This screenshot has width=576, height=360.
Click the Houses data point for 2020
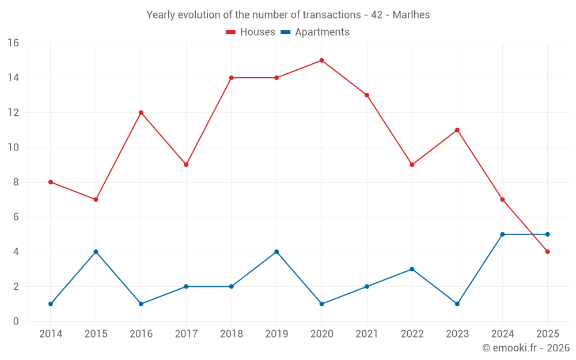tap(321, 60)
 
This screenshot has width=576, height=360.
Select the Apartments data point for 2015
tap(96, 252)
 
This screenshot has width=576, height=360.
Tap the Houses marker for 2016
tap(141, 112)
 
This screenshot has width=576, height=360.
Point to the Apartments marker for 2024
tap(502, 234)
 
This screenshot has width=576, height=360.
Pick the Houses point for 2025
tap(547, 252)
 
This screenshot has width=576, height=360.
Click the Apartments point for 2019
tap(276, 252)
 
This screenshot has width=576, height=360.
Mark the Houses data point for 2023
tap(457, 130)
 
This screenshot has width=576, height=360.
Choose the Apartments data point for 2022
tap(412, 269)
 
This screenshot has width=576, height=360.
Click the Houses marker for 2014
tap(51, 182)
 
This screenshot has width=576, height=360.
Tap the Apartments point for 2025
tap(547, 234)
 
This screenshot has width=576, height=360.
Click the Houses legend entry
tap(251, 32)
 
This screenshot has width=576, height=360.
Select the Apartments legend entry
tap(315, 32)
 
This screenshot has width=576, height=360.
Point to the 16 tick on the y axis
tap(13, 43)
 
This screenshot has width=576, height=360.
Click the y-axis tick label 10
tap(13, 147)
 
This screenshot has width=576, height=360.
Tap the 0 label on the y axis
tap(16, 321)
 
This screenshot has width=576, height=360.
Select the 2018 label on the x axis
tap(231, 334)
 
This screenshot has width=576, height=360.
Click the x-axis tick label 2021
tap(367, 334)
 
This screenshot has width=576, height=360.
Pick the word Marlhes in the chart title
tap(411, 15)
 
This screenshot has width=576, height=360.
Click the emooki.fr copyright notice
tap(526, 348)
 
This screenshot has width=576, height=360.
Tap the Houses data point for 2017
tap(186, 165)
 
